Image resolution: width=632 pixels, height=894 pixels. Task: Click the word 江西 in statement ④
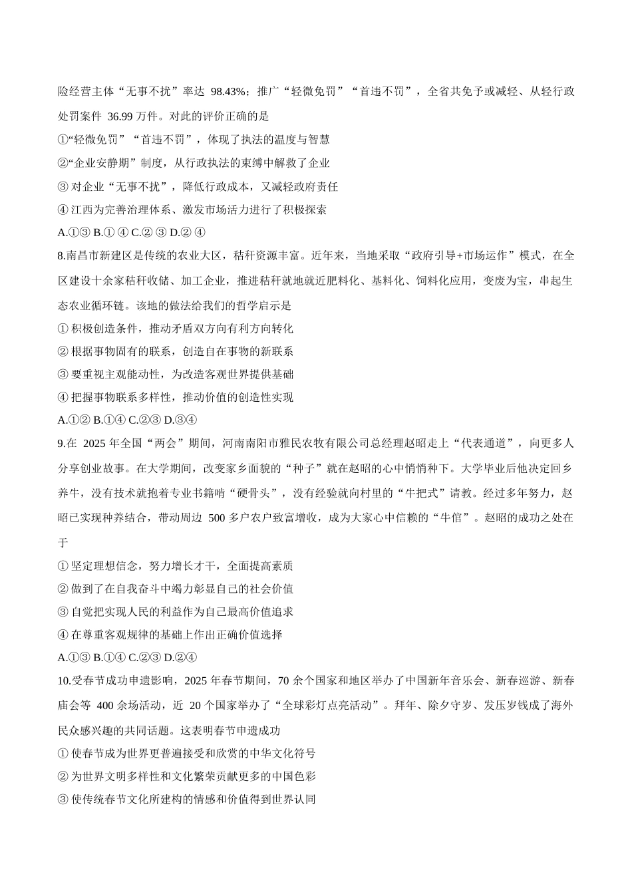(81, 210)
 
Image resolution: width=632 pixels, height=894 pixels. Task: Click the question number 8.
(61, 256)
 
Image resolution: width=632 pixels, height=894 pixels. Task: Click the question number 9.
(61, 444)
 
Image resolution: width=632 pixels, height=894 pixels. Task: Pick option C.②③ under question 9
(144, 658)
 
